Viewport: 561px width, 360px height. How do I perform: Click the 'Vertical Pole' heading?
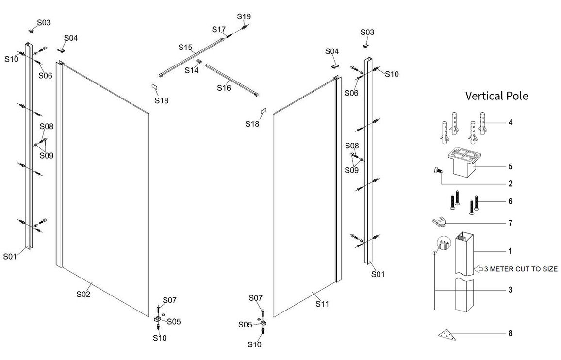pyautogui.click(x=496, y=96)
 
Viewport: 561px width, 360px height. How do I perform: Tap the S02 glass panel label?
pyautogui.click(x=83, y=294)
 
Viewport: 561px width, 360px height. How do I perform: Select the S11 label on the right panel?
pyautogui.click(x=323, y=304)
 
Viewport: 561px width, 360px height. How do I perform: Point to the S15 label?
pyautogui.click(x=185, y=48)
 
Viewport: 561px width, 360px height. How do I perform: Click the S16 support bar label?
pyautogui.click(x=224, y=88)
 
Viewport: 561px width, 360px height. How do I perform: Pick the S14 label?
pyautogui.click(x=192, y=70)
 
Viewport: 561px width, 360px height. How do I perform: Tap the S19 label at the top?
pyautogui.click(x=244, y=16)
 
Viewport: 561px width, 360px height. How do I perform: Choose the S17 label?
pyautogui.click(x=219, y=29)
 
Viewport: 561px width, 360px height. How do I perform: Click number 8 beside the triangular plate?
pyautogui.click(x=510, y=333)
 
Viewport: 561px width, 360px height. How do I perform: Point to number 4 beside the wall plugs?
pyautogui.click(x=510, y=122)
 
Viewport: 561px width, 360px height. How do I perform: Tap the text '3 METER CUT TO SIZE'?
pyautogui.click(x=520, y=269)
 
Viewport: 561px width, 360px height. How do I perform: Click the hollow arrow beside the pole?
pyautogui.click(x=477, y=268)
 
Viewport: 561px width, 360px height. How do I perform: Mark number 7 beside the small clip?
pyautogui.click(x=510, y=223)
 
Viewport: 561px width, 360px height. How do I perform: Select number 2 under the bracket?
pyautogui.click(x=510, y=184)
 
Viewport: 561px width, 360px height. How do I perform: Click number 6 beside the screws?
pyautogui.click(x=510, y=201)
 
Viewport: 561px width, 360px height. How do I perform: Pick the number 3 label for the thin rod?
pyautogui.click(x=510, y=290)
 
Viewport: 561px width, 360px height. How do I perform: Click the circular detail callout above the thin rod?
pyautogui.click(x=443, y=244)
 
